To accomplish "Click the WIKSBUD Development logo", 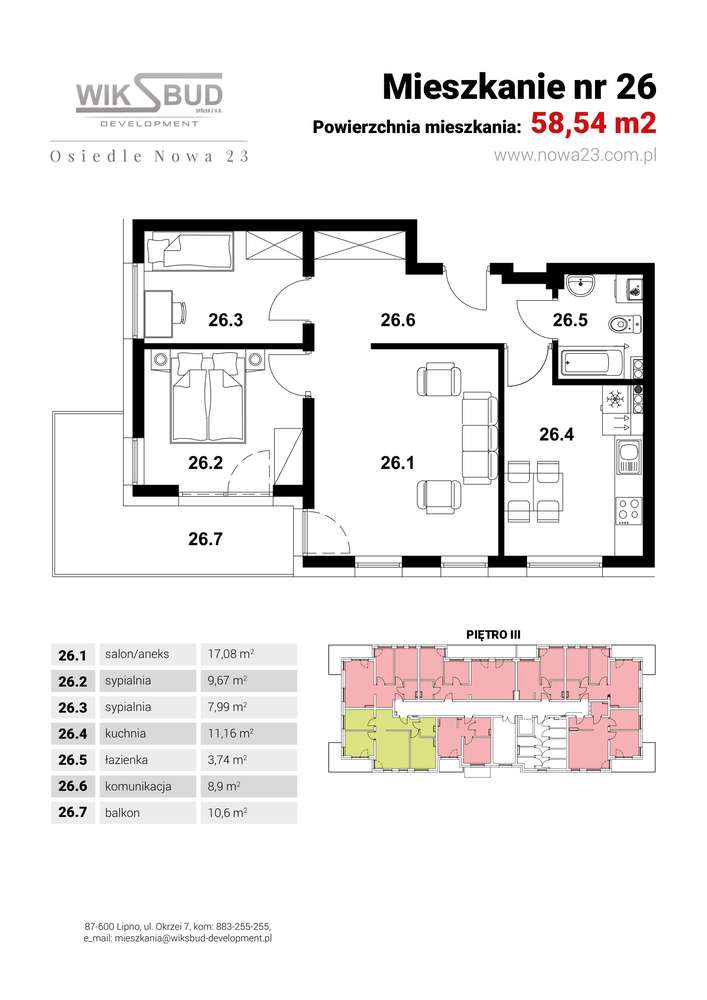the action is click(149, 101).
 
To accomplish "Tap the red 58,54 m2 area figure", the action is click(593, 123).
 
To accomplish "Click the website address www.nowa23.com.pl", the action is click(575, 156).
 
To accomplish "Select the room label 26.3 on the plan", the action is click(226, 320).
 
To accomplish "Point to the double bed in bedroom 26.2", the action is click(208, 396).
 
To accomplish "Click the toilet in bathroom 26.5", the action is click(623, 325).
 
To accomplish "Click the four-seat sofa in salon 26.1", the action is click(479, 437).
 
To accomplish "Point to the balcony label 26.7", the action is click(205, 539).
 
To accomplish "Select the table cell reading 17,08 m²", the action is click(231, 654).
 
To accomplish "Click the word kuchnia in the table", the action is click(126, 733).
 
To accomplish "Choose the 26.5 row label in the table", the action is click(73, 760).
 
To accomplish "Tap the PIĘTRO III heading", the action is click(493, 635).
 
